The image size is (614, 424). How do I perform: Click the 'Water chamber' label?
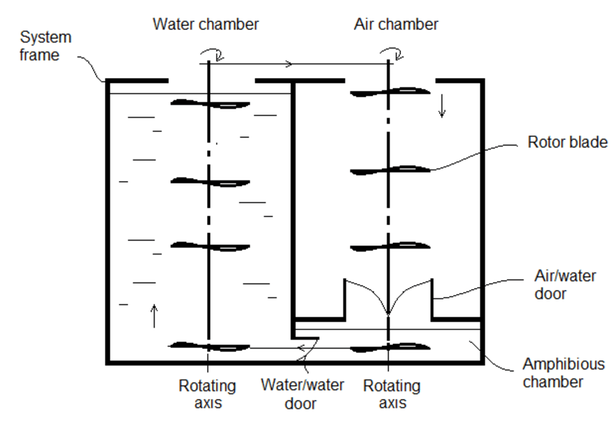206,25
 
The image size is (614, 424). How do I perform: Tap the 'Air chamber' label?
396,25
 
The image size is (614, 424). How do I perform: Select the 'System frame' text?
46,46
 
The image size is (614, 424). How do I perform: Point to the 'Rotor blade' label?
567,142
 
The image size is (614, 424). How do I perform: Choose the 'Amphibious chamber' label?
563,373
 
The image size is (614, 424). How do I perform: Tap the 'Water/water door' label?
302,394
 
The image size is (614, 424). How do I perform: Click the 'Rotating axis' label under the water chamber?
207,394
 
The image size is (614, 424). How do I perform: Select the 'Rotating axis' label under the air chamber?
392,394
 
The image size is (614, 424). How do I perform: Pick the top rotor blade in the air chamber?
390,91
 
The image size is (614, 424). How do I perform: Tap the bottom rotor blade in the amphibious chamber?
390,347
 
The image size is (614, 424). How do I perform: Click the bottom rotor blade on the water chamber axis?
211,347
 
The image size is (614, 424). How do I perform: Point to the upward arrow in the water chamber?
154,315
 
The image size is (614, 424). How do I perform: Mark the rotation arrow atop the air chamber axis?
392,54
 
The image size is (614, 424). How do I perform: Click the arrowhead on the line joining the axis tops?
289,64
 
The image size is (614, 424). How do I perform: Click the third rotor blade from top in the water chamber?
211,246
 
